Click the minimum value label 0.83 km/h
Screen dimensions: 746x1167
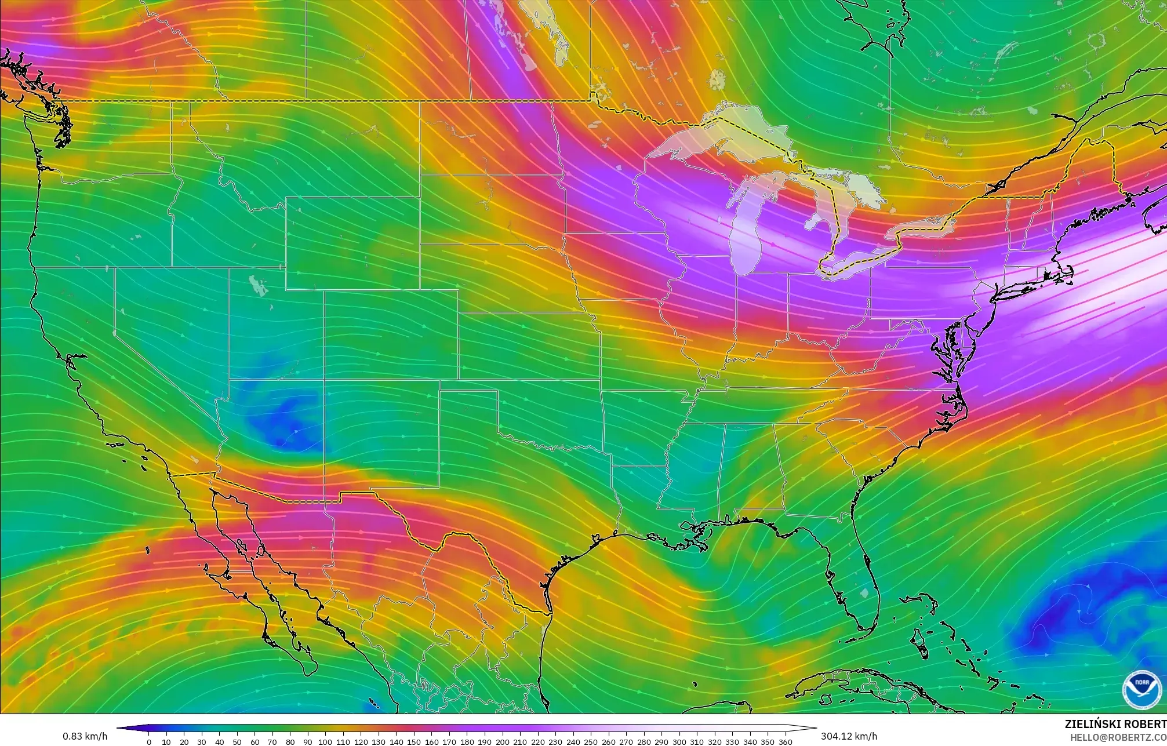pyautogui.click(x=85, y=736)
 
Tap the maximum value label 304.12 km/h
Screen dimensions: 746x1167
pyautogui.click(x=849, y=736)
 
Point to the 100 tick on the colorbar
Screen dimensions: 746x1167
pyautogui.click(x=325, y=741)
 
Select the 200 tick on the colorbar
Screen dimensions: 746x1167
pyautogui.click(x=502, y=741)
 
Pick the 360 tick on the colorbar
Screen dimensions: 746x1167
pyautogui.click(x=785, y=741)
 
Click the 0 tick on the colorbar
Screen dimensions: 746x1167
pyautogui.click(x=149, y=741)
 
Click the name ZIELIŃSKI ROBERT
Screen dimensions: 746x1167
pyautogui.click(x=1115, y=724)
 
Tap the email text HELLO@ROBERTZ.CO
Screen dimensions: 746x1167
pyautogui.click(x=1118, y=737)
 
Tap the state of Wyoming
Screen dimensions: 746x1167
pyautogui.click(x=352, y=243)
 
